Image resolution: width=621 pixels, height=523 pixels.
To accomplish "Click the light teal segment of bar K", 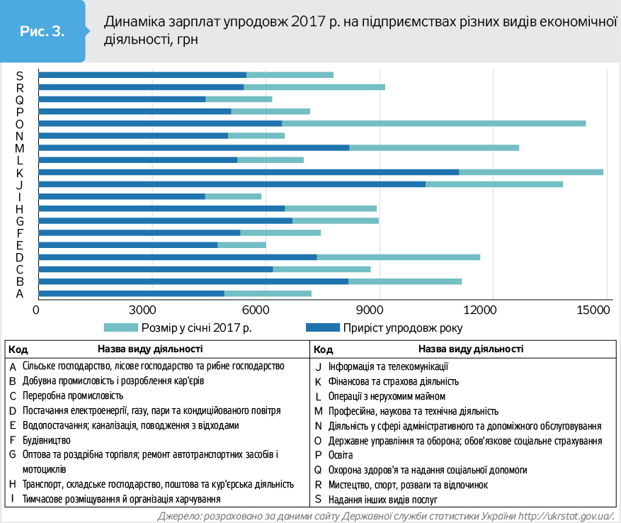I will [530, 171].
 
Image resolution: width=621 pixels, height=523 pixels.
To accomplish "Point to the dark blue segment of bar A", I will [131, 293].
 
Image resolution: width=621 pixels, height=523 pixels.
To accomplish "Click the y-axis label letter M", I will [20, 148].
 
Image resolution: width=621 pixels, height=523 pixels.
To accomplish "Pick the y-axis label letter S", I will [20, 75].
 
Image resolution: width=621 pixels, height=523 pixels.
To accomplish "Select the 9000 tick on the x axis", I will [370, 310].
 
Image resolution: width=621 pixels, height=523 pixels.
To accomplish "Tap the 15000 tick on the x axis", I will [593, 310].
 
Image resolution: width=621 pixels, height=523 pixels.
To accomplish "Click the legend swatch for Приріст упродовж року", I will [321, 328].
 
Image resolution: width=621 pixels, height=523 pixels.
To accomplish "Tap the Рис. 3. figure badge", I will [42, 31].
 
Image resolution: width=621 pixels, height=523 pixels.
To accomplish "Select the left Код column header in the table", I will [19, 349].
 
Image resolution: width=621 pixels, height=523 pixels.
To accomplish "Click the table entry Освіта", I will [341, 455].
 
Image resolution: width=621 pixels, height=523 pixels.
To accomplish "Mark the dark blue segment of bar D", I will [177, 257].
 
